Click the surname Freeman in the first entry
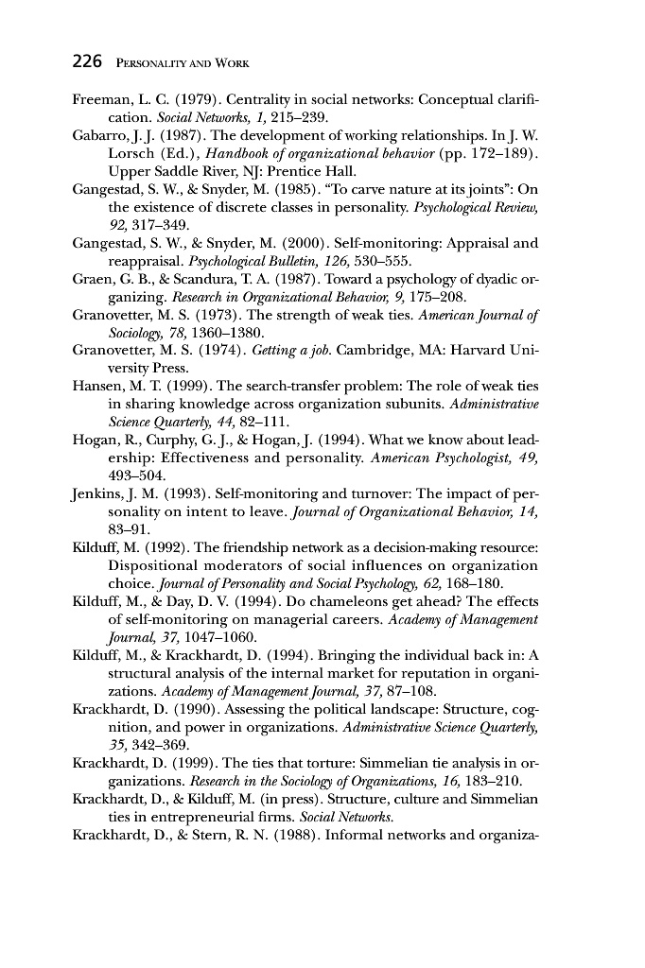(x=102, y=99)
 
